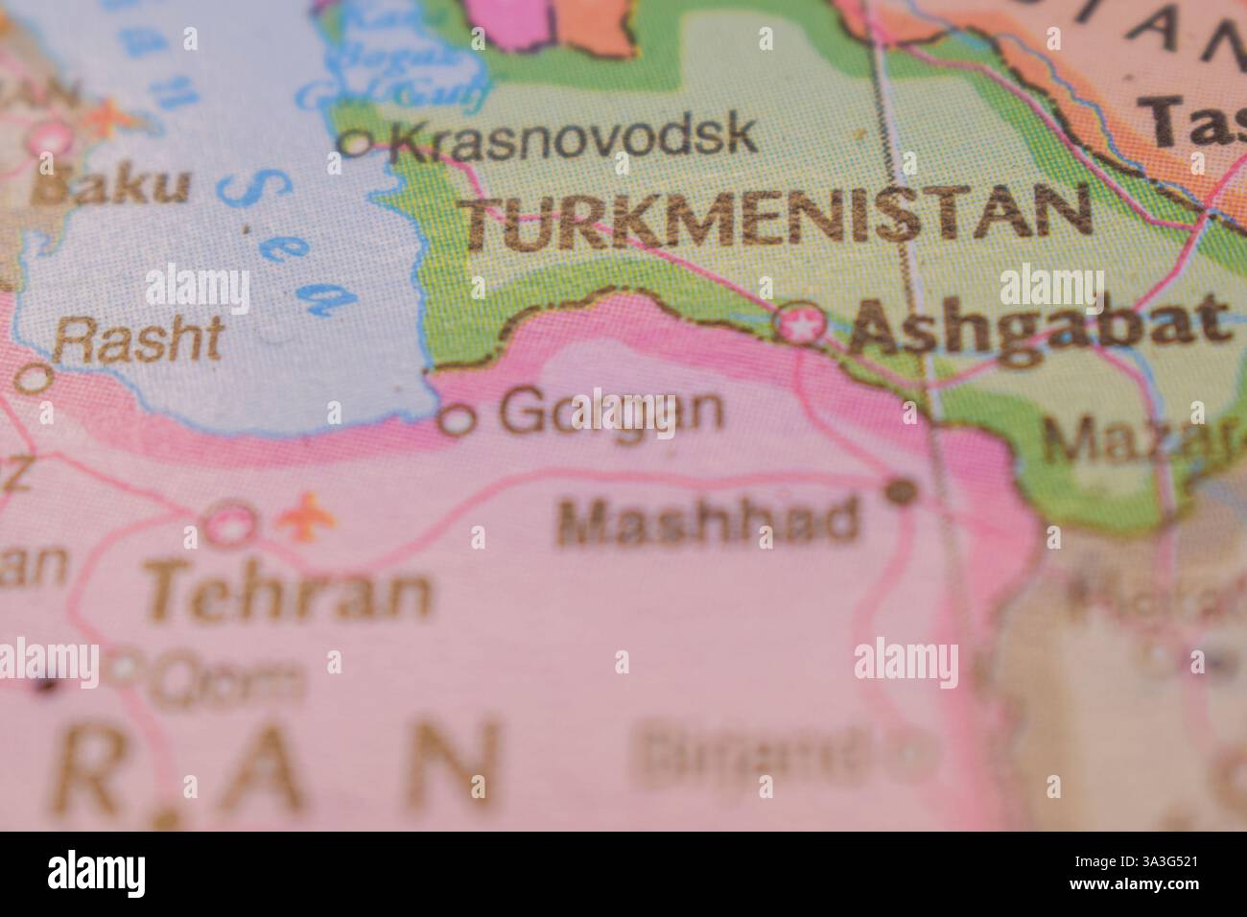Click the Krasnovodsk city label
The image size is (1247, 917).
click(574, 135)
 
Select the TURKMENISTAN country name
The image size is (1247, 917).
click(779, 219)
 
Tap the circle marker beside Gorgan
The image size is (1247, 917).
click(458, 419)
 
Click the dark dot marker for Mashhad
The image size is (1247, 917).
click(901, 493)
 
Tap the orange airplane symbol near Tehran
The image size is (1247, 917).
click(306, 519)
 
